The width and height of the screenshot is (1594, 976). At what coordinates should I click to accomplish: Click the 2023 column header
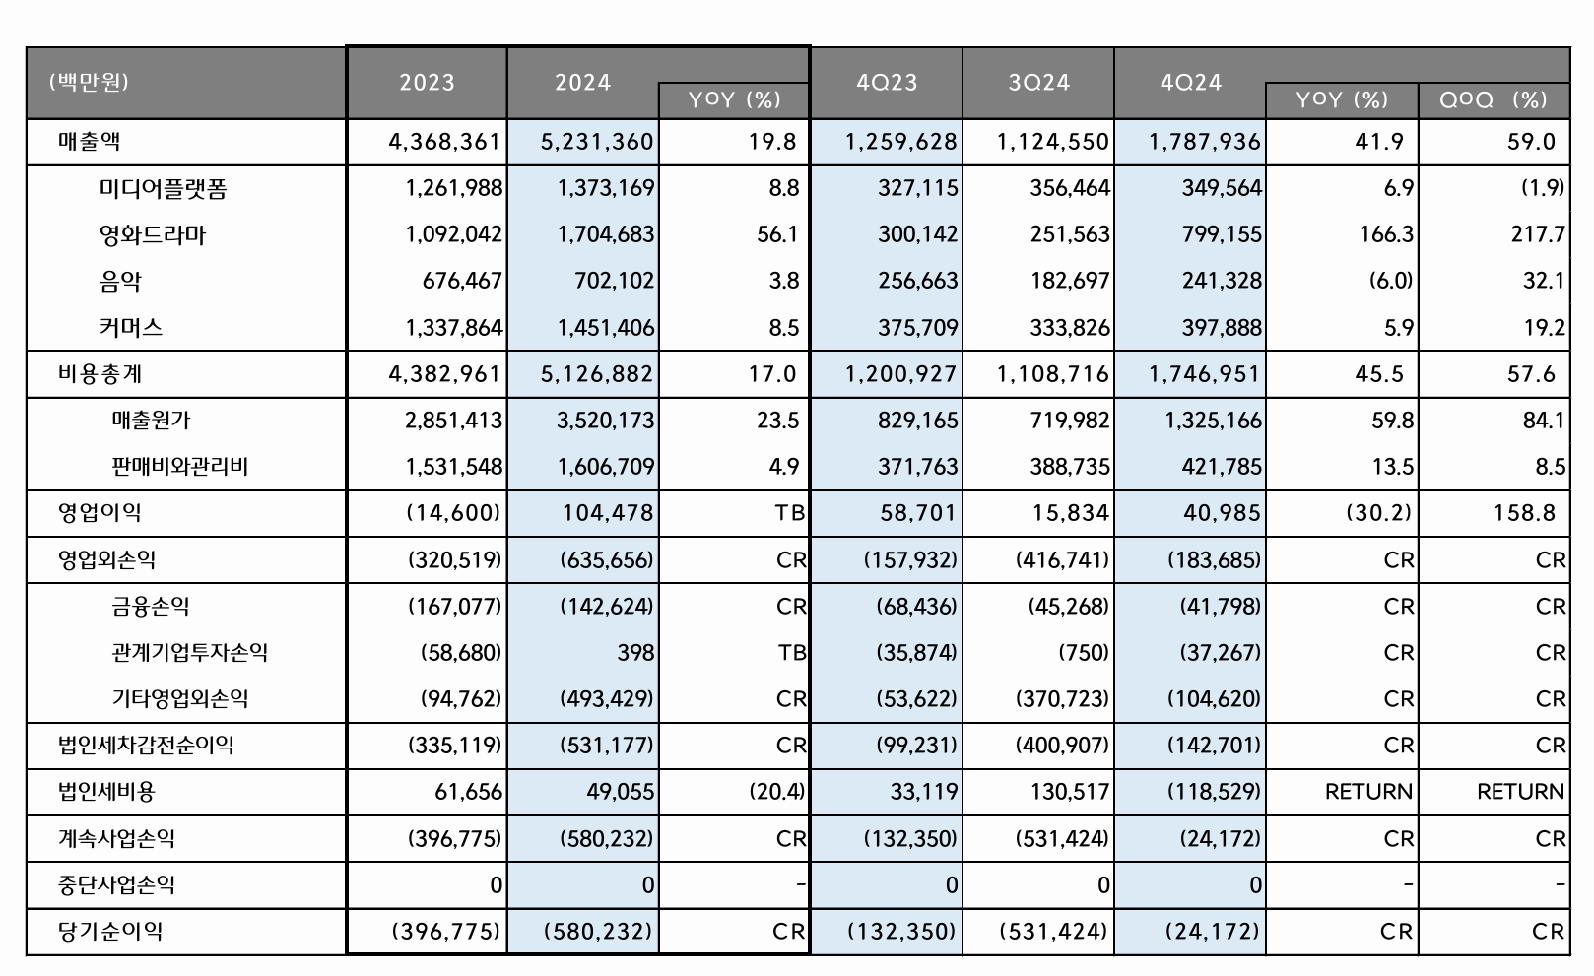click(427, 82)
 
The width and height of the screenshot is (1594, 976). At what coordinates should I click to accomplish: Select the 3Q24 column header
click(1038, 82)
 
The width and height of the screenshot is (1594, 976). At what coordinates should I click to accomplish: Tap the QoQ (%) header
click(1493, 99)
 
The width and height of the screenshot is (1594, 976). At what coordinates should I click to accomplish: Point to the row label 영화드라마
click(153, 234)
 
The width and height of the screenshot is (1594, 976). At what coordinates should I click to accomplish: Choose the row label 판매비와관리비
click(179, 466)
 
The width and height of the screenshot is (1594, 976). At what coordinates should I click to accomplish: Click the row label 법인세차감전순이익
click(146, 745)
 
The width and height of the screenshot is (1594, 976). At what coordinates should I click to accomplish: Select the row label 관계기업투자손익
click(189, 652)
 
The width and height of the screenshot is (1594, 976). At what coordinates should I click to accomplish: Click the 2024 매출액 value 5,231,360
click(597, 142)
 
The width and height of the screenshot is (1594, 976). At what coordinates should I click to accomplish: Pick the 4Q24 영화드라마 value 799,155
click(1222, 234)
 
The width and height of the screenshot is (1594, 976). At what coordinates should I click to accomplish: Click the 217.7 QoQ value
click(1543, 234)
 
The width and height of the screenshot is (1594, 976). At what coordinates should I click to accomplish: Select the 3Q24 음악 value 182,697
click(1070, 281)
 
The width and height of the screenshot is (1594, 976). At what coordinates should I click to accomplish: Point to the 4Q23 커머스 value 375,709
click(918, 327)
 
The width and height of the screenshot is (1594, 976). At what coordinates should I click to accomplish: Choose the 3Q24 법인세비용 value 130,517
click(1070, 791)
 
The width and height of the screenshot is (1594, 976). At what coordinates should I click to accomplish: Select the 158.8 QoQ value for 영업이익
click(1531, 512)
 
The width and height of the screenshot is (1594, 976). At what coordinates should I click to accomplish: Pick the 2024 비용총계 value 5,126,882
click(597, 374)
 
